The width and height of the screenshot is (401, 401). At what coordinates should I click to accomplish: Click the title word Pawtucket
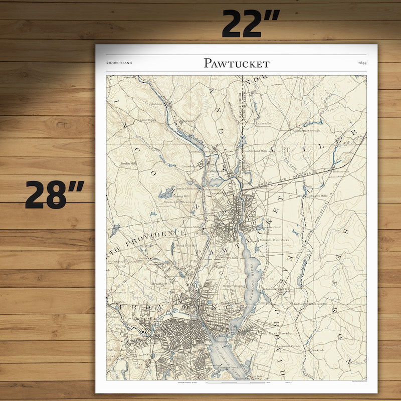click(237, 63)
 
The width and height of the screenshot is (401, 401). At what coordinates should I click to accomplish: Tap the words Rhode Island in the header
click(119, 63)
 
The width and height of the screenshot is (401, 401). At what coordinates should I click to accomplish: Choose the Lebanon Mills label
click(317, 196)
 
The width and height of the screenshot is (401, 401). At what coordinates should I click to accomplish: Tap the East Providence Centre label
click(309, 304)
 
